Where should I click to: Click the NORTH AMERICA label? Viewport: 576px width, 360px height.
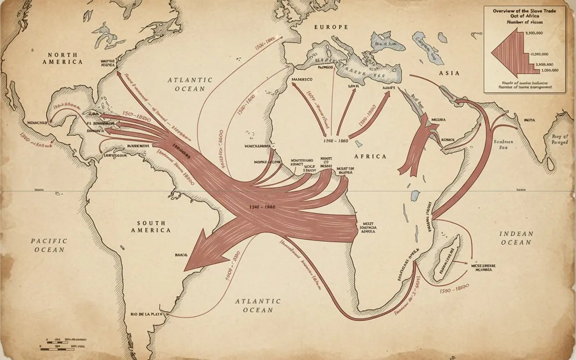click(63, 58)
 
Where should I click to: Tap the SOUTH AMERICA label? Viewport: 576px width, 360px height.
click(151, 226)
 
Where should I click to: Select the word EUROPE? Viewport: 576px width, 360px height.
click(331, 27)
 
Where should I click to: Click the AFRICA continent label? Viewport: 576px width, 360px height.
click(370, 156)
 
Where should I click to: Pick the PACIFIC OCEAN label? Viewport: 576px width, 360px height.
click(48, 245)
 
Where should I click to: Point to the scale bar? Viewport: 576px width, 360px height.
click(58, 344)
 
